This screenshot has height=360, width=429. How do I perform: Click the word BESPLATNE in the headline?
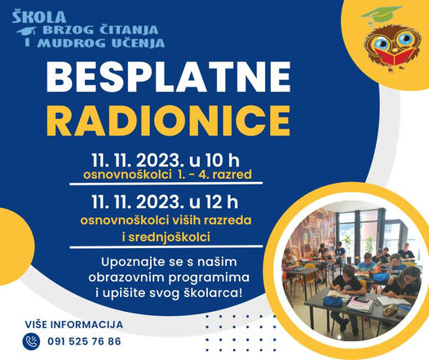tap(168, 78)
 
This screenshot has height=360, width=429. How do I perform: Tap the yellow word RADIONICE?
tap(168, 120)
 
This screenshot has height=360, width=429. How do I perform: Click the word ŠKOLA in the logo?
tap(39, 17)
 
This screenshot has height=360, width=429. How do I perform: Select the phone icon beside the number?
tap(31, 342)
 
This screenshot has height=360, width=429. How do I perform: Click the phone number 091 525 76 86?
tap(84, 342)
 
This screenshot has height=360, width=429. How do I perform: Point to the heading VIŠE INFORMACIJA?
tap(74, 325)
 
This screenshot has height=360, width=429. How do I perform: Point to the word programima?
tap(209, 278)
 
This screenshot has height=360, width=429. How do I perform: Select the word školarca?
tap(213, 294)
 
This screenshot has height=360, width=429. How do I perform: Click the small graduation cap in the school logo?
tap(27, 31)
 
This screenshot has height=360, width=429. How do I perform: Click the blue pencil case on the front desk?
tap(333, 301)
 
